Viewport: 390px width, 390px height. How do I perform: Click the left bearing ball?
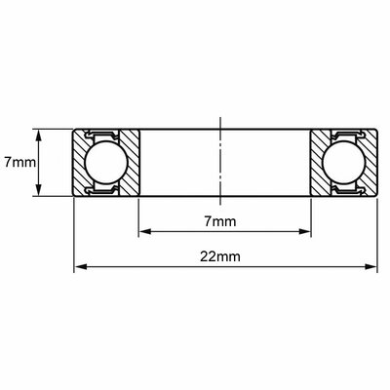(x=105, y=163)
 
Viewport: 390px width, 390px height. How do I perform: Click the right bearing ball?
(x=343, y=163)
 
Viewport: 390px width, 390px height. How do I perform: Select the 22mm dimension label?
(x=220, y=256)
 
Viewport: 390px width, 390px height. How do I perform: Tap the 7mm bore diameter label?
(x=220, y=221)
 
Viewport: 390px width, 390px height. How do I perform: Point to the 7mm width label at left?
(x=19, y=162)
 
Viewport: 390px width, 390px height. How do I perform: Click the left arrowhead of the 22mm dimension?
(x=81, y=267)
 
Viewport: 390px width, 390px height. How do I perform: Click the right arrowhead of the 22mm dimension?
(x=370, y=267)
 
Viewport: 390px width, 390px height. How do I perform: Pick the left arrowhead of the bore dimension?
(x=145, y=231)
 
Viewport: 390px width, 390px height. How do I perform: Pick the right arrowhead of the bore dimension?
(x=304, y=231)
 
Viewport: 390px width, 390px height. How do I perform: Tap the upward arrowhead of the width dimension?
(x=39, y=136)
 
